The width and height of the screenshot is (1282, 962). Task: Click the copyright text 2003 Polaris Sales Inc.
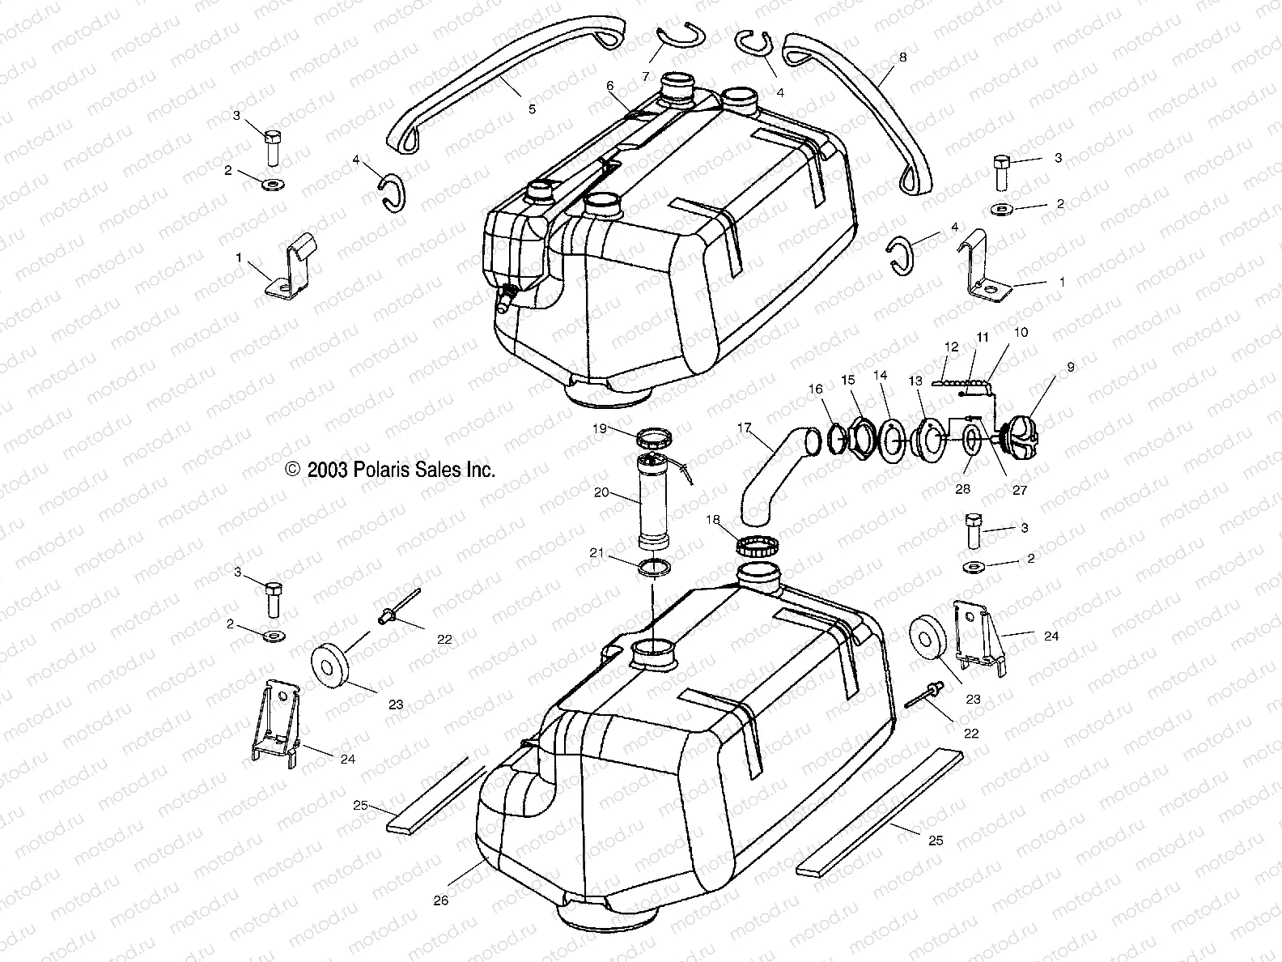[x=390, y=470]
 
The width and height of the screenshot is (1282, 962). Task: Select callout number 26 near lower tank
[x=440, y=900]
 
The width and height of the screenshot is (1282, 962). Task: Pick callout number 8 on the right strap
[x=902, y=57]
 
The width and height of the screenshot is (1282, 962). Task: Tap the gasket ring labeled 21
[x=656, y=568]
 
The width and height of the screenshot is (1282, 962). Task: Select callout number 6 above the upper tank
[x=610, y=85]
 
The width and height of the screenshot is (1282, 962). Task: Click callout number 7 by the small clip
[x=646, y=76]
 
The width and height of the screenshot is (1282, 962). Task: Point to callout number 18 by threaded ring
[x=713, y=521]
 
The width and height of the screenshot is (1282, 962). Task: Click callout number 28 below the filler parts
[x=963, y=489]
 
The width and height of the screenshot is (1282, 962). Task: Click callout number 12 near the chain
[x=951, y=347]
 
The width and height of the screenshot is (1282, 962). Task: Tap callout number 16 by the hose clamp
[x=816, y=389]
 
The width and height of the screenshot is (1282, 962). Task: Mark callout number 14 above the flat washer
[x=880, y=376]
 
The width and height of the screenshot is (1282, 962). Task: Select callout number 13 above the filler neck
[x=915, y=381]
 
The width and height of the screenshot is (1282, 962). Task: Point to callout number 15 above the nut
[x=847, y=379]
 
